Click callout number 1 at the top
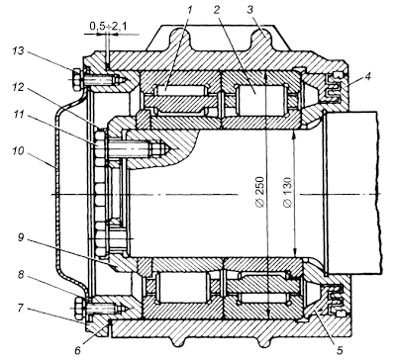pyautogui.click(x=189, y=10)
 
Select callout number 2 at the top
pyautogui.click(x=217, y=10)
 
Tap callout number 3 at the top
pyautogui.click(x=249, y=10)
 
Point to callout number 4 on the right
pyautogui.click(x=368, y=77)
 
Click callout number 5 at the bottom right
pyautogui.click(x=341, y=349)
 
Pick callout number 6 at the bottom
pyautogui.click(x=77, y=350)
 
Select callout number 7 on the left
pyautogui.click(x=21, y=309)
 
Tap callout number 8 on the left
pyautogui.click(x=21, y=275)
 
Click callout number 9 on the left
pyautogui.click(x=21, y=237)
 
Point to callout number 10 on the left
pyautogui.click(x=19, y=151)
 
